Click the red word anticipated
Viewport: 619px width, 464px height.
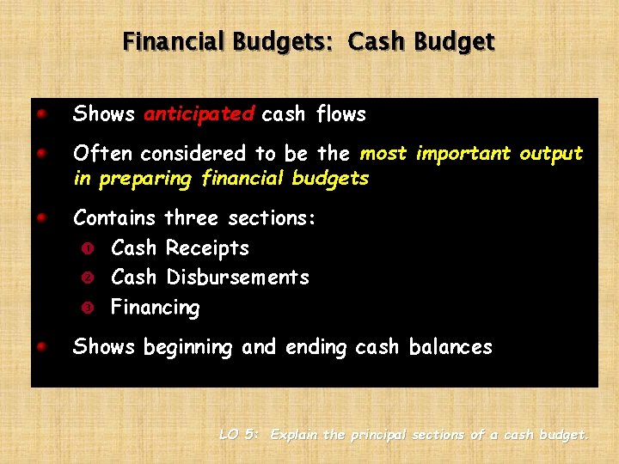click(199, 114)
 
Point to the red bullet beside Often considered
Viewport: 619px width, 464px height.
click(41, 152)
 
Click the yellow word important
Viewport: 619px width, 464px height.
click(463, 154)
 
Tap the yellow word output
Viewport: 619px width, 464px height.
click(550, 154)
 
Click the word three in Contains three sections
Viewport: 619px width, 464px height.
click(193, 218)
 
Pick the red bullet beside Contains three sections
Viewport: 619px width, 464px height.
click(41, 217)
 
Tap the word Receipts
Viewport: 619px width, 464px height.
click(207, 248)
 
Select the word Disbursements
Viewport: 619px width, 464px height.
click(237, 278)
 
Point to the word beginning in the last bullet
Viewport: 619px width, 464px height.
click(188, 348)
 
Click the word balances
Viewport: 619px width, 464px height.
click(450, 347)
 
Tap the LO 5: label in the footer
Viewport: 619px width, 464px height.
click(239, 435)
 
